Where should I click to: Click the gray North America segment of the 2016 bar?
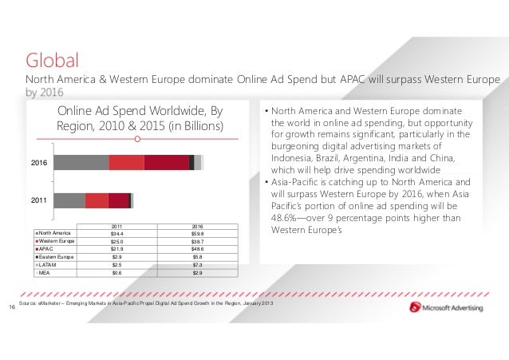click(81, 162)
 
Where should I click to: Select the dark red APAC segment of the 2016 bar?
click(166, 162)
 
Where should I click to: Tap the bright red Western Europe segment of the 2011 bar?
click(96, 200)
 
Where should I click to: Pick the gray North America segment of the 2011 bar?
click(69, 200)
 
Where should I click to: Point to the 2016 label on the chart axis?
click(39, 162)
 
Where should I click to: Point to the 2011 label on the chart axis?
click(39, 200)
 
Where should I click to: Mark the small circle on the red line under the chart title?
click(138, 140)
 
